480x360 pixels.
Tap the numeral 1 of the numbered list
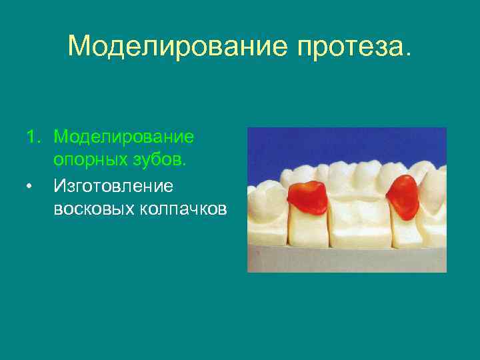[31, 137]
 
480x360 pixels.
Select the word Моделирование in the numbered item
[124, 137]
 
